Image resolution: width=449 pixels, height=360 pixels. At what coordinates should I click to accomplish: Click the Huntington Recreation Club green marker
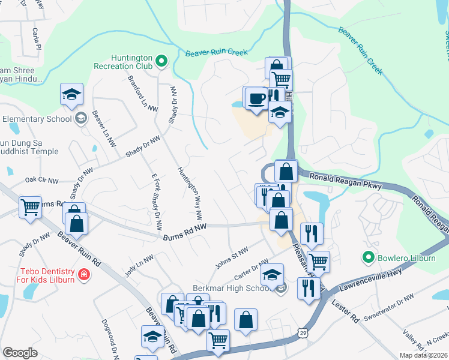tap(161, 61)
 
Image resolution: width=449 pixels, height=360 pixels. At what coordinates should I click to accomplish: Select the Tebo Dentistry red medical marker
tap(83, 275)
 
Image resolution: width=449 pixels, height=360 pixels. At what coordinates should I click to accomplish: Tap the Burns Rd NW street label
tap(185, 232)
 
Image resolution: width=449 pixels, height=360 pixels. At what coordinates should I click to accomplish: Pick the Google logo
tap(20, 353)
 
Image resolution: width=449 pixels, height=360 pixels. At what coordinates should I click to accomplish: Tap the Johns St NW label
tap(232, 258)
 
